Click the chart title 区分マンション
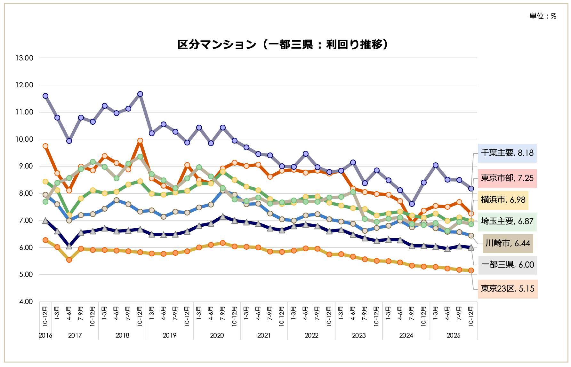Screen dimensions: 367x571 283,44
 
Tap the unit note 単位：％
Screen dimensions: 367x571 543,16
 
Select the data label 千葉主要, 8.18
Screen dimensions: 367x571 507,153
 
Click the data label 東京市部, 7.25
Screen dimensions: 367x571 507,178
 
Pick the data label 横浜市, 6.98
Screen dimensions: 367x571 503,200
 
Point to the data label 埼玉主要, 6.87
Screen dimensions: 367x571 507,221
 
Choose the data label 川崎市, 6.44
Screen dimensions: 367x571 508,243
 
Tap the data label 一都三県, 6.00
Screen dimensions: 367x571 508,265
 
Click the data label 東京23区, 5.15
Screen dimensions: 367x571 507,289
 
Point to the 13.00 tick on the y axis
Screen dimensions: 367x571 24,58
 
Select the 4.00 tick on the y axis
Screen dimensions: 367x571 26,302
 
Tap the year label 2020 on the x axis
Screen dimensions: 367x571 217,335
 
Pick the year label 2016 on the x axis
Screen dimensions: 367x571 45,335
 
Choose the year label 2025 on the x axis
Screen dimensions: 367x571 453,335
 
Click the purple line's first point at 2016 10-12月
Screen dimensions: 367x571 45,96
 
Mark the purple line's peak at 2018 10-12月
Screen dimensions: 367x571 140,94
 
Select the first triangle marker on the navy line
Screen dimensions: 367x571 45,221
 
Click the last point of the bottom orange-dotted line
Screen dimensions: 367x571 471,270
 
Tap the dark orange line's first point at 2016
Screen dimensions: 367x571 45,146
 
